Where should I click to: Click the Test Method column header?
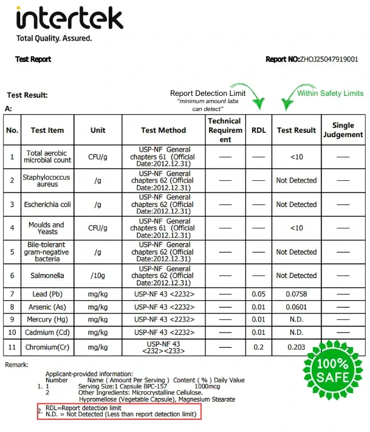[x=163, y=130]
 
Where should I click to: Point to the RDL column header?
[x=259, y=130]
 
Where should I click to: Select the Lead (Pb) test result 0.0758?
[x=296, y=294]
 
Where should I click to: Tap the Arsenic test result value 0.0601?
[x=296, y=307]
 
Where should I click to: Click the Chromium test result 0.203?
[x=296, y=347]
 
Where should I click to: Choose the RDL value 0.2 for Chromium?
[x=259, y=347]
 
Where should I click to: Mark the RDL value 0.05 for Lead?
[x=259, y=294]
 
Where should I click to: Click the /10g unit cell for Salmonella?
[x=97, y=275]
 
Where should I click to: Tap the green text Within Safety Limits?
[x=330, y=93]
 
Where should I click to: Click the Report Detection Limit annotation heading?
[x=208, y=93]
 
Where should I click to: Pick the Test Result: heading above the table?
[x=27, y=95]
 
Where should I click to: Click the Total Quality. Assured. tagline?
[x=54, y=38]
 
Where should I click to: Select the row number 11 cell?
[x=12, y=347]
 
